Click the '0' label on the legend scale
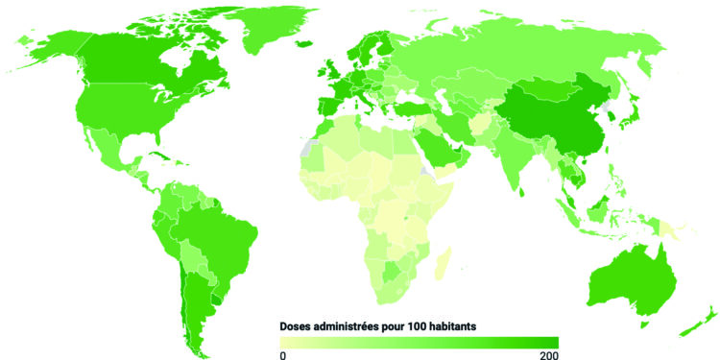(x=282, y=355)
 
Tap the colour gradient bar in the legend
(x=418, y=342)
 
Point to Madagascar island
(x=441, y=260)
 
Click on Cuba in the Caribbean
(x=154, y=155)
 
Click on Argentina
(x=192, y=298)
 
